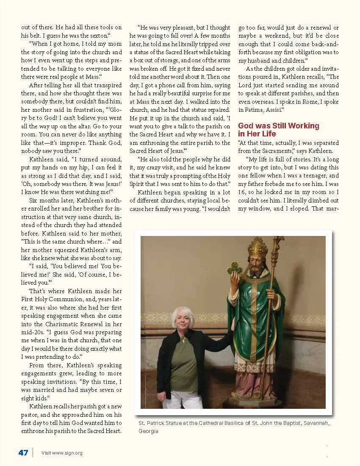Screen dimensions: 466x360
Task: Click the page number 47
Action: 23,452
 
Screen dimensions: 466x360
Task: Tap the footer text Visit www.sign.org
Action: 62,453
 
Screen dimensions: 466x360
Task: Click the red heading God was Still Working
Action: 278,126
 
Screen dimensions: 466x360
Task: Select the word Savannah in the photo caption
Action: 315,423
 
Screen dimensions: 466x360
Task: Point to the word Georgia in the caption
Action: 148,431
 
